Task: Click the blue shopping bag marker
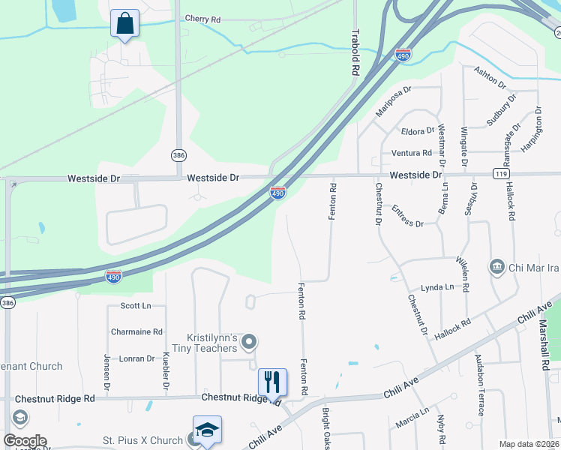pos(124,23)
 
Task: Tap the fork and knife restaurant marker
pos(272,382)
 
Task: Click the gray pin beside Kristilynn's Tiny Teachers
pos(250,343)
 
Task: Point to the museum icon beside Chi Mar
pos(496,267)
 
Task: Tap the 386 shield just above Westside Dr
pos(178,154)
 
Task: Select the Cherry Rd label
pos(202,19)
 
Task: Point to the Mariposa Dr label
pos(394,101)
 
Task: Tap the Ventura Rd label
pos(412,153)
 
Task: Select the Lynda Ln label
pos(437,287)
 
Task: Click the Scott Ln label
pos(136,306)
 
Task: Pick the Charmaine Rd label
pos(136,331)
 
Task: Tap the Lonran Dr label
pos(136,358)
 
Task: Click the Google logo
pos(24,441)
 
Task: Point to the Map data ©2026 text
pos(529,444)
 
